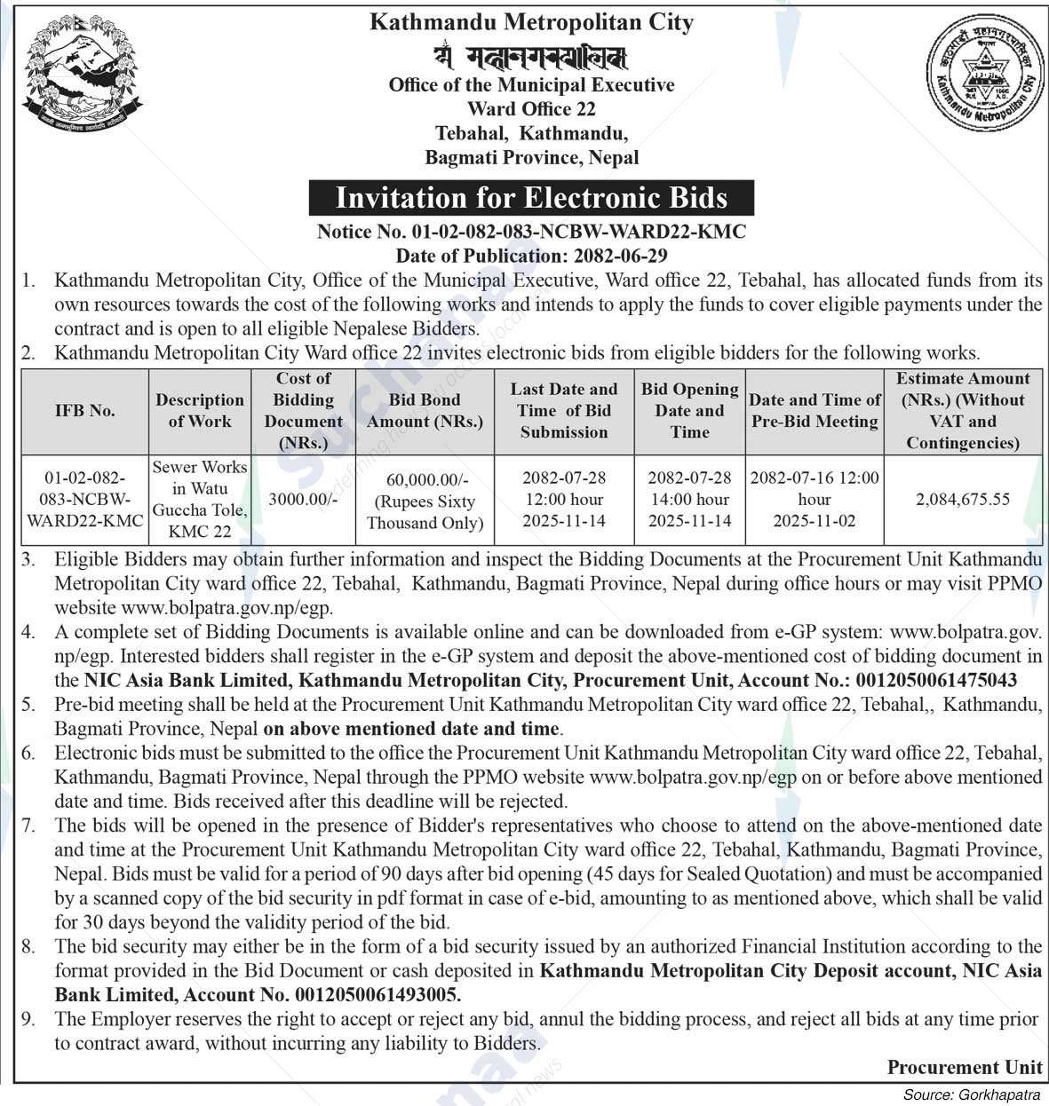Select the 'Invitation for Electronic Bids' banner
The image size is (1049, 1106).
click(x=531, y=197)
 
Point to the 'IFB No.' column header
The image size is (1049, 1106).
click(x=84, y=411)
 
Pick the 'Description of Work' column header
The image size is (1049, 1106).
click(x=200, y=411)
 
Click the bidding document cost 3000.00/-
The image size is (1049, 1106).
click(x=303, y=500)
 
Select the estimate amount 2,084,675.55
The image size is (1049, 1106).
click(x=963, y=500)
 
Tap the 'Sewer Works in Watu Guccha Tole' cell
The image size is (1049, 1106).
click(x=200, y=499)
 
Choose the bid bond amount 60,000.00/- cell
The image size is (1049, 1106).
click(x=425, y=501)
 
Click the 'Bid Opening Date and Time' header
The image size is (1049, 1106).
click(x=690, y=411)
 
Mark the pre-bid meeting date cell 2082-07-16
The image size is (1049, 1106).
click(x=815, y=499)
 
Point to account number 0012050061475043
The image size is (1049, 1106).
click(x=935, y=681)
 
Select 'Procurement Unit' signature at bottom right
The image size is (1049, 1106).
click(x=965, y=1067)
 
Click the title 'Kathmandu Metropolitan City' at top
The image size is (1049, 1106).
click(x=531, y=22)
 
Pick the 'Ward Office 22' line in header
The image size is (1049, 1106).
click(x=531, y=109)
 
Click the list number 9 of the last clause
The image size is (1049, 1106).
click(x=28, y=1019)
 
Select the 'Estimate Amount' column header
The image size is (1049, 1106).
click(x=963, y=411)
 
